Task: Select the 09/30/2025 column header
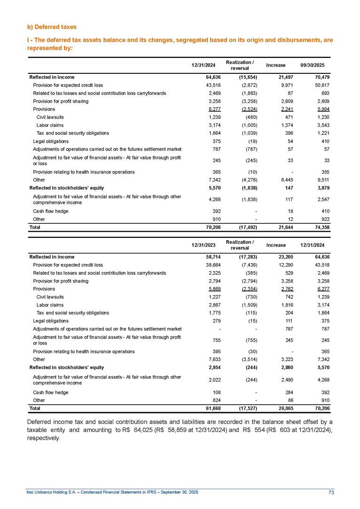tap(319, 65)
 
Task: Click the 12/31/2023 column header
tap(203, 245)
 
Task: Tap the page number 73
tap(331, 492)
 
